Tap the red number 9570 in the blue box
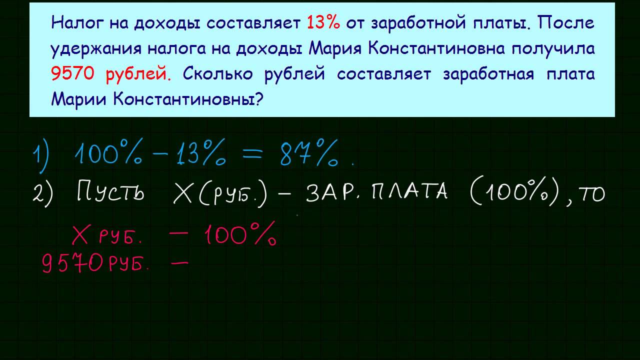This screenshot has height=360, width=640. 73,74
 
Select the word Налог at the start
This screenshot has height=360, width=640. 74,23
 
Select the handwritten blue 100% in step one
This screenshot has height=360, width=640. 107,153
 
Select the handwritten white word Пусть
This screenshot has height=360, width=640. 110,192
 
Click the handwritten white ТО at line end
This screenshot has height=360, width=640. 591,193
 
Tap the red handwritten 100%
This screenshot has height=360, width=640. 240,235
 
